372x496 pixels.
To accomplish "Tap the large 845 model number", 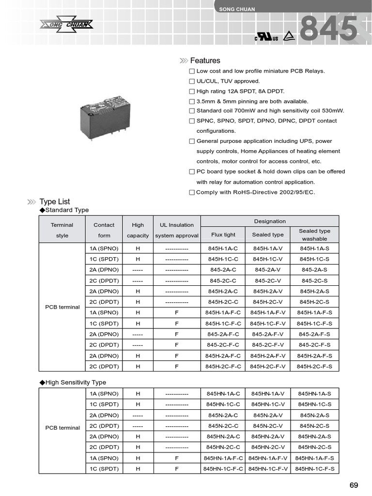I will click(329, 30).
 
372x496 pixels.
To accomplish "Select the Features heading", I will click(205, 61).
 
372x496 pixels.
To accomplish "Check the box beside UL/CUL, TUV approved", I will click(192, 81).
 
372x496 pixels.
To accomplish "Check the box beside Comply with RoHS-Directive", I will click(192, 192).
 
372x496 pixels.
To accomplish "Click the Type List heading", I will click(55, 201).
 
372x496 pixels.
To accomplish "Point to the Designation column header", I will click(270, 221).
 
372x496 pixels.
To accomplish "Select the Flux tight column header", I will click(223, 234).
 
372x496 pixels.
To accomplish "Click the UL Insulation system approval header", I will click(177, 230).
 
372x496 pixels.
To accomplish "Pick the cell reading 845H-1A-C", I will click(223, 248).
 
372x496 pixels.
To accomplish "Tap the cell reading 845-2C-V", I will click(268, 280).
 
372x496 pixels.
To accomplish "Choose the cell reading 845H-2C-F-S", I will click(314, 367).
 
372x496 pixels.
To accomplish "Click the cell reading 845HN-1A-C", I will click(223, 394).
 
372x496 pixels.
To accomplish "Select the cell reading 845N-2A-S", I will click(314, 415).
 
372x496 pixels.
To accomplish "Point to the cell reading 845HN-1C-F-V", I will click(268, 469).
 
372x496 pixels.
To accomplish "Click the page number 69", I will click(354, 485).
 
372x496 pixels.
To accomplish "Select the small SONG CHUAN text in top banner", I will click(237, 9).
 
